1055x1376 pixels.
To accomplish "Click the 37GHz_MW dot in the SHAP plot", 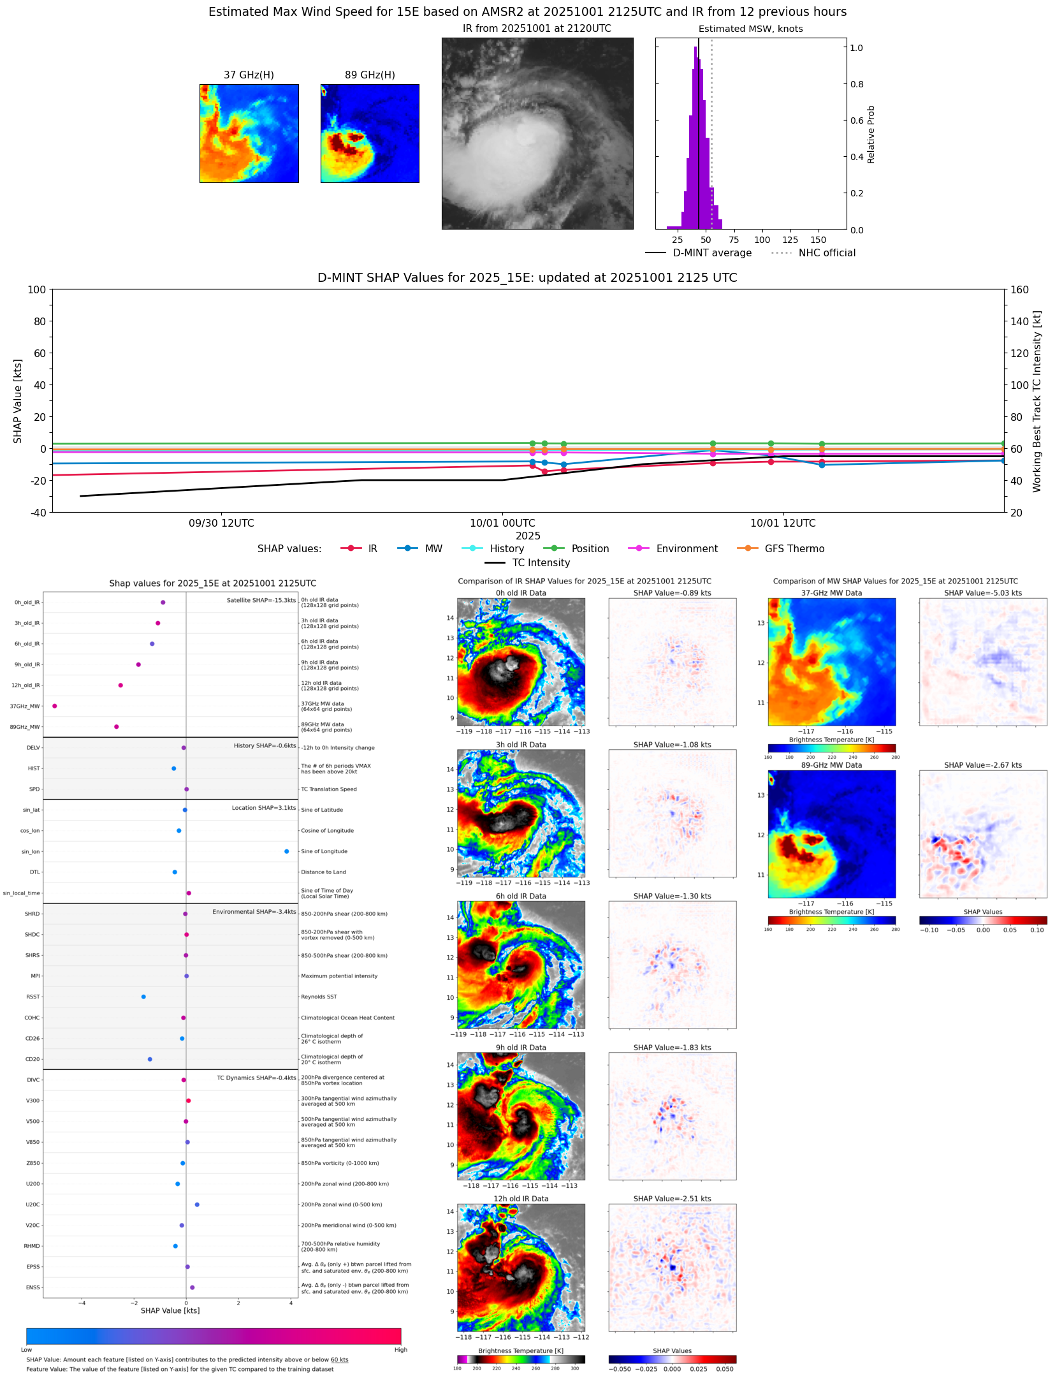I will (55, 706).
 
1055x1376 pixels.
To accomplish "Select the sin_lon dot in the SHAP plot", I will (287, 851).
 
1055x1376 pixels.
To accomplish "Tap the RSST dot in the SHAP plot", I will (143, 997).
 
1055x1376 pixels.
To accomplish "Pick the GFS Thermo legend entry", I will (794, 548).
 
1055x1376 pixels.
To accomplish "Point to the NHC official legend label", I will (827, 253).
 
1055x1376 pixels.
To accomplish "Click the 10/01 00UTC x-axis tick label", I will (502, 523).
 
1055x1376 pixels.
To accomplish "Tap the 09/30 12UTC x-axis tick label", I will (221, 523).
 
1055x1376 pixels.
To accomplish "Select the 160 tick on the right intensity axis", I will (1019, 289).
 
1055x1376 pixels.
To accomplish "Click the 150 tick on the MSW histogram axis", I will (818, 240).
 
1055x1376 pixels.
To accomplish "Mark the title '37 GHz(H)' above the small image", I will (249, 75).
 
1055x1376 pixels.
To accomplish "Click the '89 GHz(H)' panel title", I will (370, 75).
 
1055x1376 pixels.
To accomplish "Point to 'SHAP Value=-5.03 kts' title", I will (982, 593).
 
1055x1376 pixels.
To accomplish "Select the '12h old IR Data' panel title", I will (521, 1199).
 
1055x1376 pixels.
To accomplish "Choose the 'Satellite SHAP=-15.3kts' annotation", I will (261, 600).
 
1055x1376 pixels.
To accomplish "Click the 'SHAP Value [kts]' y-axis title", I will (18, 401).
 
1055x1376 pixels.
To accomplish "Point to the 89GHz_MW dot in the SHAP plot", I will (116, 726).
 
